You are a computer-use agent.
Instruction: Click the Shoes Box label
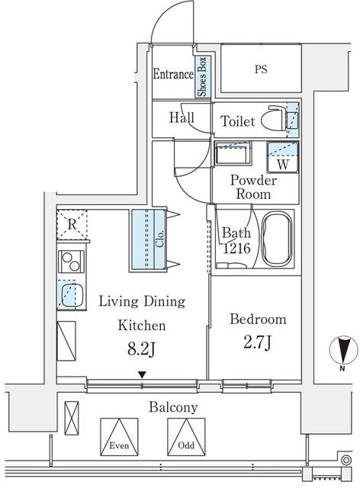[x=202, y=76]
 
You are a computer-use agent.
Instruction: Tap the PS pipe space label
[x=261, y=69]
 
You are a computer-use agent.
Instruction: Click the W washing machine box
[x=283, y=157]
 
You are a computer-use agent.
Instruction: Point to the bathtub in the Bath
[x=277, y=239]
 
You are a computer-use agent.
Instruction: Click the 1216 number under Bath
[x=236, y=249]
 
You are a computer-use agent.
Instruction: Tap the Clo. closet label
[x=159, y=239]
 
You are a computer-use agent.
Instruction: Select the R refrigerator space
[x=72, y=225]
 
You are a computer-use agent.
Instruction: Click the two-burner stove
[x=71, y=262]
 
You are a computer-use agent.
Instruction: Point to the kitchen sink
[x=71, y=295]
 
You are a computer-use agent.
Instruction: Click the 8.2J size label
[x=142, y=349]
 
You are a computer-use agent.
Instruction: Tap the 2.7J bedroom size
[x=257, y=343]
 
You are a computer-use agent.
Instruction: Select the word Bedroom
[x=258, y=319]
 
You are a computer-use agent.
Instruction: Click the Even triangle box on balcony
[x=119, y=437]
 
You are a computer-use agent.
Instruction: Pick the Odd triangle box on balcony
[x=186, y=437]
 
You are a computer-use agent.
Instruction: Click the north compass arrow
[x=344, y=350]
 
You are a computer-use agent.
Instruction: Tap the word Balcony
[x=173, y=408]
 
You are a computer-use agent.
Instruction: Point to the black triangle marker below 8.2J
[x=143, y=374]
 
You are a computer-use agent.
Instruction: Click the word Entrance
[x=173, y=74]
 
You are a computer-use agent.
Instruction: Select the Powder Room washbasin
[x=233, y=152]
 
